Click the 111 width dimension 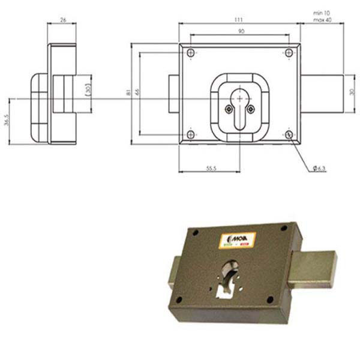(x=239, y=20)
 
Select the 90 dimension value (x=240, y=31)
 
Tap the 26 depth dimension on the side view (x=62, y=20)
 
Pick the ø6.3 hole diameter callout (x=320, y=169)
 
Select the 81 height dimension (x=128, y=93)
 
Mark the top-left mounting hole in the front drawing (x=191, y=53)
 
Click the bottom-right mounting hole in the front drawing (x=289, y=135)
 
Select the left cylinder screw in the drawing (x=228, y=109)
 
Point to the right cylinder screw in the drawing (x=251, y=109)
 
